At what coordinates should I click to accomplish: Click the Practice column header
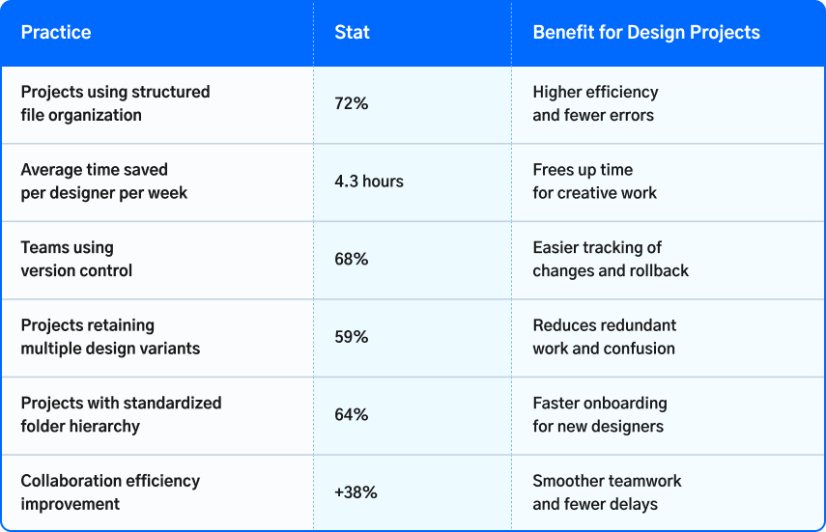[x=56, y=33]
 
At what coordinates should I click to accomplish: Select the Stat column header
[x=352, y=33]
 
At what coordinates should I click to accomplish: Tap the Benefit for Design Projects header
[x=646, y=33]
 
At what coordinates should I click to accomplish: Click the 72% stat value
[x=352, y=103]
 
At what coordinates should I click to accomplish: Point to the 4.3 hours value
[x=369, y=182]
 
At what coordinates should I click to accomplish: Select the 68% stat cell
[x=352, y=259]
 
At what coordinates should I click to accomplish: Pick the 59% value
[x=352, y=337]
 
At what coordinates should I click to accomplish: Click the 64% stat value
[x=352, y=414]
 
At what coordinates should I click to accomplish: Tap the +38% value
[x=356, y=492]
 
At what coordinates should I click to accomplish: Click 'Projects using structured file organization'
[x=115, y=103]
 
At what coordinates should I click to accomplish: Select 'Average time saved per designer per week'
[x=104, y=182]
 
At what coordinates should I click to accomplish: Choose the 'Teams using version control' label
[x=76, y=259]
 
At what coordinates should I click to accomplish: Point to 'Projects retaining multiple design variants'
[x=110, y=337]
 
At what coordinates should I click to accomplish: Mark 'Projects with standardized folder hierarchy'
[x=121, y=414]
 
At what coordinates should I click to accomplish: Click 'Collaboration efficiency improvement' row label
[x=110, y=492]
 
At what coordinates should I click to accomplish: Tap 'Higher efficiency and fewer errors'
[x=595, y=103]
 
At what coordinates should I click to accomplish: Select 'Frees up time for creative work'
[x=594, y=182]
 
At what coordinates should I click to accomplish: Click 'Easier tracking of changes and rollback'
[x=611, y=259]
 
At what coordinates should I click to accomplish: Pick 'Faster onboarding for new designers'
[x=600, y=414]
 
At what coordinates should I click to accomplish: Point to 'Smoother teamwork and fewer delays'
[x=607, y=492]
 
